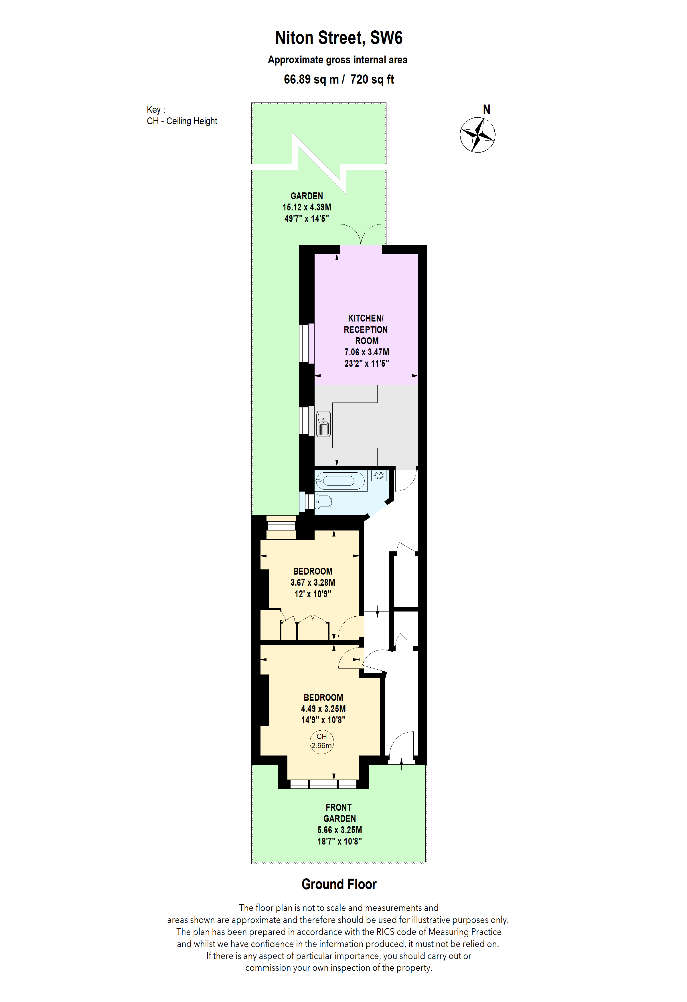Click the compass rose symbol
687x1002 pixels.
coord(477,135)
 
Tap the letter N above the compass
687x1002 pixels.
coord(487,110)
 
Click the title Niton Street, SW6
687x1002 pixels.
coord(339,38)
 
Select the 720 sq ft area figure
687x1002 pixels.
coord(372,79)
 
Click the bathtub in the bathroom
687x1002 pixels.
coord(340,481)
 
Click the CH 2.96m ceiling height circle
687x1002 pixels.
coord(321,741)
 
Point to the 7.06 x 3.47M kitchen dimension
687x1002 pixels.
coord(366,352)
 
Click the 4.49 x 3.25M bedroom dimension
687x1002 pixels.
coord(323,709)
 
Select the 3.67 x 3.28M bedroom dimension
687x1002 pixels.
coord(313,583)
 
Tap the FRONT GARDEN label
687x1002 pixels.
coord(339,813)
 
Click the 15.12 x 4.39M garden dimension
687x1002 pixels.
coord(307,207)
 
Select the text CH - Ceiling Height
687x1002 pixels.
coord(182,121)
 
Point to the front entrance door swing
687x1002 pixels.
coord(401,748)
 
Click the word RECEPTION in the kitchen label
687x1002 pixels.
coord(366,330)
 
